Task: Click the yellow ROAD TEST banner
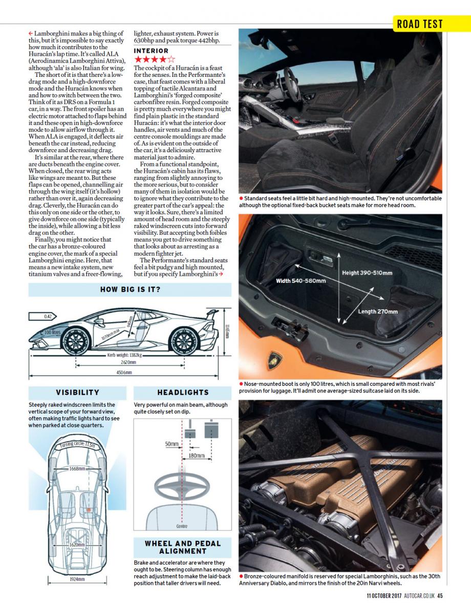tap(419, 24)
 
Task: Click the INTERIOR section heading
tap(151, 51)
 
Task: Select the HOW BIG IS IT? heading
tap(130, 290)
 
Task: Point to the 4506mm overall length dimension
tap(123, 373)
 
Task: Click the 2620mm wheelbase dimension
tap(129, 361)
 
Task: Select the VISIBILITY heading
tap(78, 392)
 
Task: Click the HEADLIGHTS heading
tap(183, 392)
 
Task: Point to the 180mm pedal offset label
tap(196, 455)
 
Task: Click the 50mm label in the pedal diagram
tap(172, 444)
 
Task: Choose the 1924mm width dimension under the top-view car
tap(77, 579)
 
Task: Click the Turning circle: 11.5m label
tap(77, 445)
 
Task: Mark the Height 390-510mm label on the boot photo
tap(367, 273)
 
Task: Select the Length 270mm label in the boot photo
tap(377, 311)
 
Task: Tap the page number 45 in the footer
tap(440, 596)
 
